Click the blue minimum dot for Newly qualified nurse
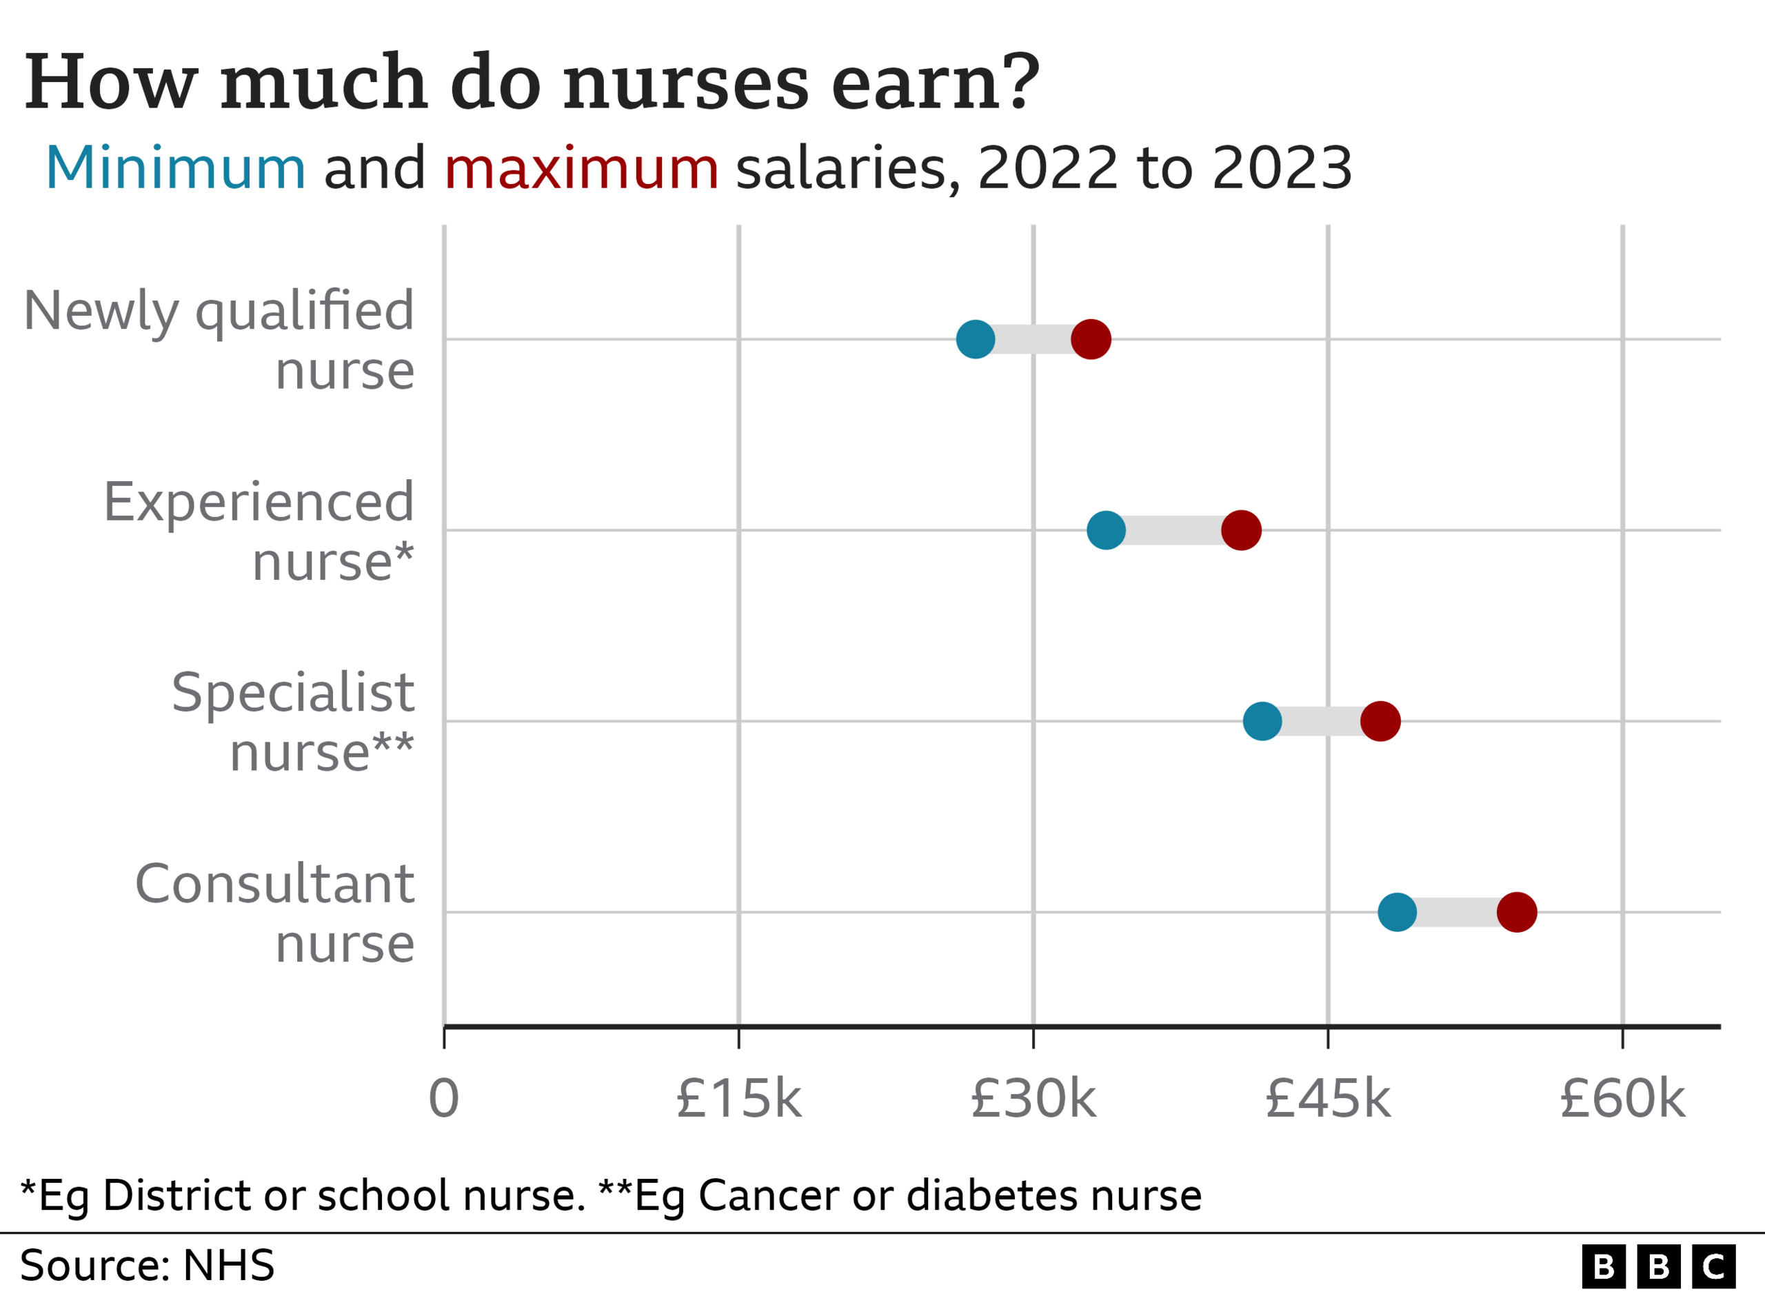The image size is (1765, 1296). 975,340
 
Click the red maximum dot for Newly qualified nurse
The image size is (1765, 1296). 1091,340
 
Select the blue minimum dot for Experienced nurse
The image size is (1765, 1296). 1106,530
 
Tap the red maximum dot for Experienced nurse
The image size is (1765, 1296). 1241,530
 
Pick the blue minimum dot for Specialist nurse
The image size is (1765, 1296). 1262,721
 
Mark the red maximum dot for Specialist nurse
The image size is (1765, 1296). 1380,721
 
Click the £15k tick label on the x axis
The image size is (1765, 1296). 738,1099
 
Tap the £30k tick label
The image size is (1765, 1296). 1033,1099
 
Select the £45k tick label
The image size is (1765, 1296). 1328,1099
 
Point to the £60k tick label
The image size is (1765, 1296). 1622,1099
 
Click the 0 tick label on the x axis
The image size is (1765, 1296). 444,1099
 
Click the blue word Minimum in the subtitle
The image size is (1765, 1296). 176,168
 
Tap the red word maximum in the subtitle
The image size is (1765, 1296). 581,168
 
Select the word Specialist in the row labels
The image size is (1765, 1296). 292,693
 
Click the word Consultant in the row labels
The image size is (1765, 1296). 274,884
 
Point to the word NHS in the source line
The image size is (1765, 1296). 228,1266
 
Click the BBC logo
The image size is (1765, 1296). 1658,1266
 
